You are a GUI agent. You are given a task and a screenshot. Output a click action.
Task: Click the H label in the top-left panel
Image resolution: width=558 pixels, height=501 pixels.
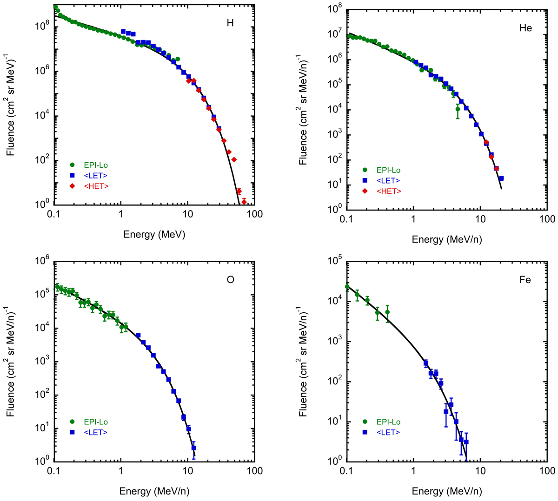(x=230, y=23)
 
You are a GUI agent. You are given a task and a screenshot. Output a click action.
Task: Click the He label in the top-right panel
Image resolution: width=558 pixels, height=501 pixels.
(x=525, y=28)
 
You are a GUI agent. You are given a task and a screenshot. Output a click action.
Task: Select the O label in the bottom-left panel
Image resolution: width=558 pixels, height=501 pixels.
(x=230, y=280)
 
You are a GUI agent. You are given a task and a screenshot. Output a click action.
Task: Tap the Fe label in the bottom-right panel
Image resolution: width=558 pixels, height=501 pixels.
(x=525, y=280)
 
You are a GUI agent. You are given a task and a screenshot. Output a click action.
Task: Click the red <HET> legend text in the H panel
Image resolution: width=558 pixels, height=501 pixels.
(x=96, y=186)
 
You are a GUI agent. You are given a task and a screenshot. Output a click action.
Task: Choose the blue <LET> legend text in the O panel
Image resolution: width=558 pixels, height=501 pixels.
(x=96, y=432)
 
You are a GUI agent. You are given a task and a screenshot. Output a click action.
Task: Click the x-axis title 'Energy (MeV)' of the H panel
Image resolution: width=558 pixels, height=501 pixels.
(x=154, y=234)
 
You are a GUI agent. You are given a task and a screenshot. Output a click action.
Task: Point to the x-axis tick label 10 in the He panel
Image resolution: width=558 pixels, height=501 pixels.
(x=480, y=219)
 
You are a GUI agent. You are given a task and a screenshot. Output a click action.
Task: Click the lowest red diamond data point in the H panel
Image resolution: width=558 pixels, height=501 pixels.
(x=244, y=202)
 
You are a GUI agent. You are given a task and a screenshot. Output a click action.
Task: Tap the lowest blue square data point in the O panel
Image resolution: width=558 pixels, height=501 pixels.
(x=193, y=448)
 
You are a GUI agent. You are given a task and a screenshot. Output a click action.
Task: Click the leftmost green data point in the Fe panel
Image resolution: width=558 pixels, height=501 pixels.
(x=347, y=287)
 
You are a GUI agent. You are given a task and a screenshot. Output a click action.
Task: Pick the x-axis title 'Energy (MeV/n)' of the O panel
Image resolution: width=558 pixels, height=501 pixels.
(x=154, y=491)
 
